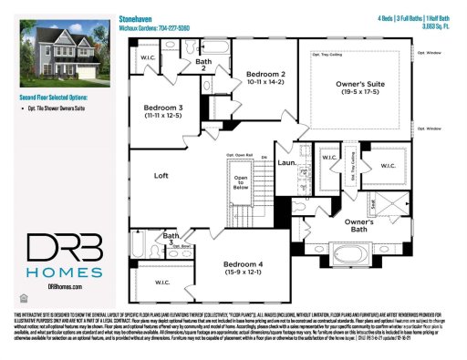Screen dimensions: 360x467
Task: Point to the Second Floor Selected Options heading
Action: click(x=57, y=95)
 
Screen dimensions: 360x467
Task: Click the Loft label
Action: click(x=162, y=175)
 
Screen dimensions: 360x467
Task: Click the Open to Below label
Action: click(x=242, y=181)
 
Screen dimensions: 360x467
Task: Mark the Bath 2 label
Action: click(x=205, y=64)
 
